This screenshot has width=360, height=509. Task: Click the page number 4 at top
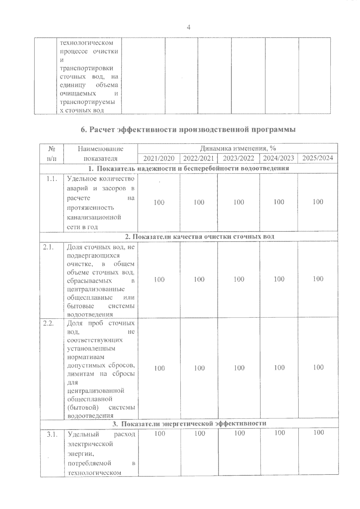(188, 27)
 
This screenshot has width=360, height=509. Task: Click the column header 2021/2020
(159, 158)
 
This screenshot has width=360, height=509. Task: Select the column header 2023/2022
(239, 158)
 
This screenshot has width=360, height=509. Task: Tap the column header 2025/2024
(318, 158)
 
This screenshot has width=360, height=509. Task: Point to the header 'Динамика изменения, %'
(238, 148)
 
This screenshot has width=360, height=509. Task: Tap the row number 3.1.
(52, 434)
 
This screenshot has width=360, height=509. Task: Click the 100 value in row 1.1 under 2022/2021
(199, 202)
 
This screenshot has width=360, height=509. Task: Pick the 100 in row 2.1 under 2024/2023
(279, 279)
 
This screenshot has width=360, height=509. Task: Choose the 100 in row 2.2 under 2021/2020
(159, 368)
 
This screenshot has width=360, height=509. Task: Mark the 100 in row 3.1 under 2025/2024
(318, 432)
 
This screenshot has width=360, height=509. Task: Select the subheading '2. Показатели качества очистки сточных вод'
(199, 237)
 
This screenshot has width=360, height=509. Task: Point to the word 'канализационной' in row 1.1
(94, 217)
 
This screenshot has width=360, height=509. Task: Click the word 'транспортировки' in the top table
(86, 68)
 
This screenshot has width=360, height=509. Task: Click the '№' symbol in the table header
(52, 149)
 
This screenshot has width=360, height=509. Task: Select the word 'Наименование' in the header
(100, 149)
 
